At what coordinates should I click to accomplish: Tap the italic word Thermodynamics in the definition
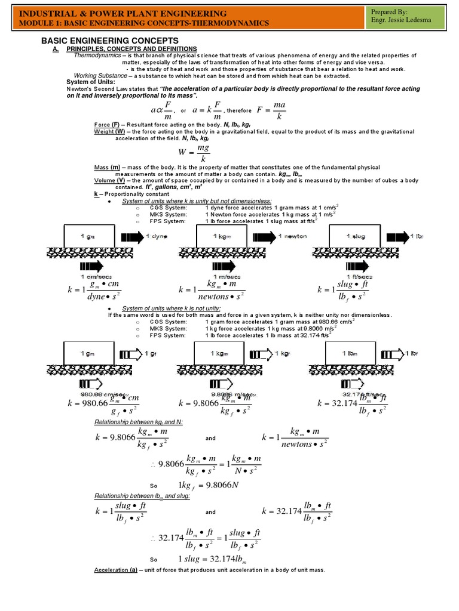tap(97, 55)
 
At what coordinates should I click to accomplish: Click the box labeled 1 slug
tap(356, 236)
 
